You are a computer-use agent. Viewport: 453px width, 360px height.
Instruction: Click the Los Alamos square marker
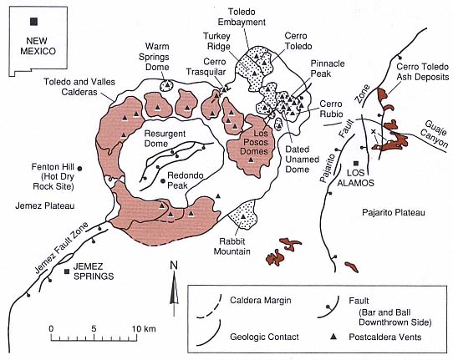point(356,164)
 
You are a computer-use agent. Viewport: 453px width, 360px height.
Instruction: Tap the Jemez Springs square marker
point(67,271)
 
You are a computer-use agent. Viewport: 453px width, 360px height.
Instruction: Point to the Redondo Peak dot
point(163,180)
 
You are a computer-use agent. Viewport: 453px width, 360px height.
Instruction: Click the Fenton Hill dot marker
point(79,169)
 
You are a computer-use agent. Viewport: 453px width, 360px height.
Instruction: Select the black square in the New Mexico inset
point(33,22)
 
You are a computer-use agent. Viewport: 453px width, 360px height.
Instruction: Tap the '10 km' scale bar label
point(144,329)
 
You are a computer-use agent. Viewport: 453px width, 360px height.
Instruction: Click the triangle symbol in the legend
point(333,336)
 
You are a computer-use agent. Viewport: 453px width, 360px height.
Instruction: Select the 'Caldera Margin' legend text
point(260,300)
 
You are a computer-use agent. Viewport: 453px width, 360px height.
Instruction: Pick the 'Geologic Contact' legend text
point(264,337)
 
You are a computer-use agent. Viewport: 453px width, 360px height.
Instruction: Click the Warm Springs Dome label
point(154,57)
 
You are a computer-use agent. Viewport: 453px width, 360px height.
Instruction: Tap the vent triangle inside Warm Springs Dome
point(167,84)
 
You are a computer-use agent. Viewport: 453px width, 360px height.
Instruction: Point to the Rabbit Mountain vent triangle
point(243,216)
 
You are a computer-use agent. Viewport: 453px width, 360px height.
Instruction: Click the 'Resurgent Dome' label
point(165,139)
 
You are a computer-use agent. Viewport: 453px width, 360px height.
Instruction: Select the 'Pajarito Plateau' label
point(394,213)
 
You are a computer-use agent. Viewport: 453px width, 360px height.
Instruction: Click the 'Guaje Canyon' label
point(435,134)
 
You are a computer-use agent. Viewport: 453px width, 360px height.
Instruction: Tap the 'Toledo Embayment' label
point(242,17)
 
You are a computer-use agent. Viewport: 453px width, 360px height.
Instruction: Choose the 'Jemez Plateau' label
point(45,205)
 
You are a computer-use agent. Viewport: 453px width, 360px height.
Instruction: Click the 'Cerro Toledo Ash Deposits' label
point(423,72)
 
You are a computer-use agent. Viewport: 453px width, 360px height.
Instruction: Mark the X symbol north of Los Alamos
point(374,131)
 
